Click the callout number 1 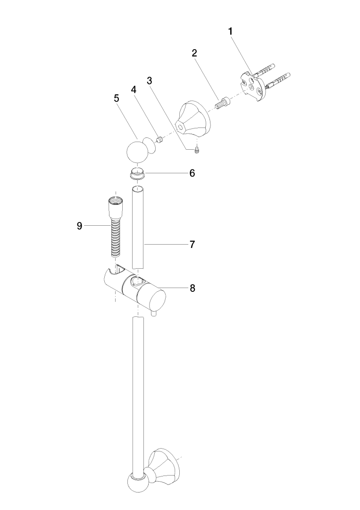[230, 32]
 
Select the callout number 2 [194, 53]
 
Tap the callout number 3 [150, 81]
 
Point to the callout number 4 [134, 89]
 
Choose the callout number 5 [117, 98]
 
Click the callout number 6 [192, 173]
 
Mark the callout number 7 [192, 244]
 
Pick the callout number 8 [193, 288]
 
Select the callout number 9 [80, 226]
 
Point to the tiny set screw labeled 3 [197, 150]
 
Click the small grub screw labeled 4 [159, 140]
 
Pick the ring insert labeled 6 [138, 174]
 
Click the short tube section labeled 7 [138, 227]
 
